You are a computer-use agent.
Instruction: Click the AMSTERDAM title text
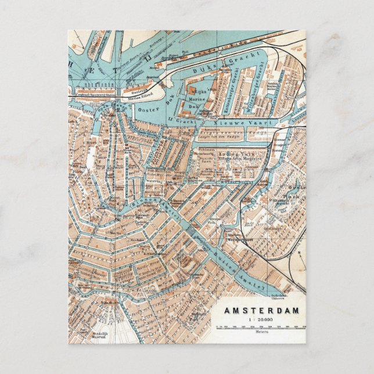[262, 310]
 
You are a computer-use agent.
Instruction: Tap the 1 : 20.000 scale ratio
[262, 319]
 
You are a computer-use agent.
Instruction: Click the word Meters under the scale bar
[262, 332]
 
